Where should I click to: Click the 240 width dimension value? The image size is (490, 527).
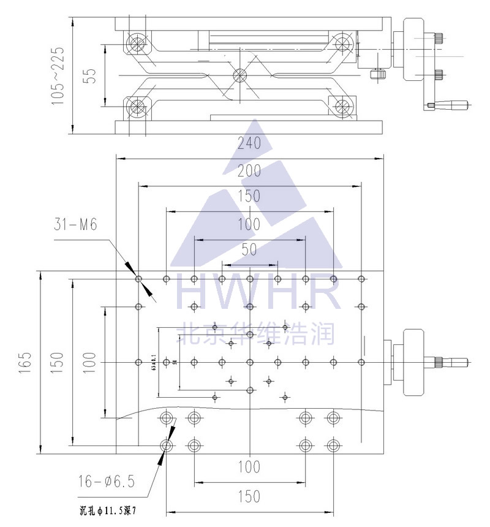tap(249, 143)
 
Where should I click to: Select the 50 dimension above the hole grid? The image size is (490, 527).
tap(249, 249)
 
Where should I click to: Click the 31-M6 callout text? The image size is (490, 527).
tap(75, 225)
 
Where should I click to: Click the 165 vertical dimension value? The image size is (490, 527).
tap(25, 363)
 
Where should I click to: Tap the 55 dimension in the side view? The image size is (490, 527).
tap(90, 75)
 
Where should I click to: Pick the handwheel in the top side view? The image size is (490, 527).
tap(412, 50)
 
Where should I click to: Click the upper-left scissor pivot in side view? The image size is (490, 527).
tap(136, 44)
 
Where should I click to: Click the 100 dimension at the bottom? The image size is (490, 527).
tap(249, 467)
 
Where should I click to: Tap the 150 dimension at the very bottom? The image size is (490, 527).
tap(249, 496)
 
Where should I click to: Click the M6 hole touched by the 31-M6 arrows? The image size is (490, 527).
tap(139, 279)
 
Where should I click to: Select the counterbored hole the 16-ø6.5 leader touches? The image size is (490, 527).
tap(166, 445)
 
